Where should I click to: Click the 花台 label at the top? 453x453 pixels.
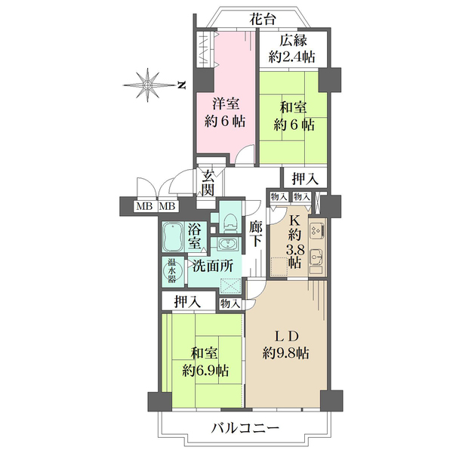pyautogui.click(x=263, y=20)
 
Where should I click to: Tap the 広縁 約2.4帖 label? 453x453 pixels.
pyautogui.click(x=292, y=49)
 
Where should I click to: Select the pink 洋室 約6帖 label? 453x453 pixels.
pyautogui.click(x=226, y=113)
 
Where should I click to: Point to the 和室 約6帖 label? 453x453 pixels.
pyautogui.click(x=294, y=116)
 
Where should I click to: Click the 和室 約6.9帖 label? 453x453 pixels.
pyautogui.click(x=205, y=362)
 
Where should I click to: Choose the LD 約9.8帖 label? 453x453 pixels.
pyautogui.click(x=286, y=344)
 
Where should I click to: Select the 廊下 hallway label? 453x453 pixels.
pyautogui.click(x=255, y=234)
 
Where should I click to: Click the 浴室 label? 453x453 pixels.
pyautogui.click(x=195, y=236)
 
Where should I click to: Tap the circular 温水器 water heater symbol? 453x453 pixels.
pyautogui.click(x=172, y=271)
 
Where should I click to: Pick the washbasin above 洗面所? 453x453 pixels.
pyautogui.click(x=228, y=245)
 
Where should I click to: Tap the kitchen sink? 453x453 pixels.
pyautogui.click(x=316, y=256)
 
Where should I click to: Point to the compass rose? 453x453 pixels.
pyautogui.click(x=148, y=85)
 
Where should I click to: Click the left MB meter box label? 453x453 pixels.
pyautogui.click(x=144, y=207)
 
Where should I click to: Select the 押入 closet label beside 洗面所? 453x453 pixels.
pyautogui.click(x=187, y=302)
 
